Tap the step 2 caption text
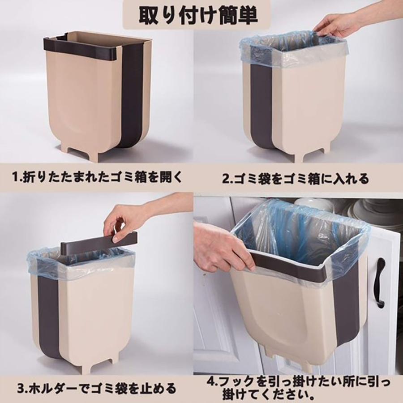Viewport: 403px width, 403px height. [x=296, y=179]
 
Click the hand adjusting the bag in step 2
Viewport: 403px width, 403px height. [x=334, y=26]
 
